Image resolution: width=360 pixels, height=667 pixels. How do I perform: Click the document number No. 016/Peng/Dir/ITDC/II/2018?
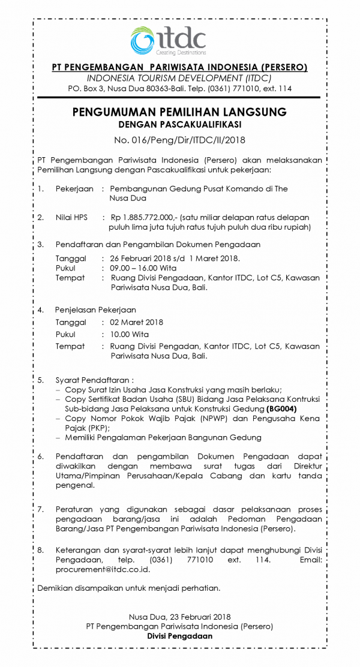pyautogui.click(x=179, y=140)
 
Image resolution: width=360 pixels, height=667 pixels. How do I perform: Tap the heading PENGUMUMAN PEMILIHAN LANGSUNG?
pyautogui.click(x=179, y=112)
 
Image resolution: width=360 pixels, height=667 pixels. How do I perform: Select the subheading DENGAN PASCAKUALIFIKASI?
pyautogui.click(x=179, y=125)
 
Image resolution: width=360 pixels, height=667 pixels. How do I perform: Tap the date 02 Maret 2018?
pyautogui.click(x=133, y=322)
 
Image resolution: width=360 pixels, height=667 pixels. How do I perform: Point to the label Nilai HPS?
pyautogui.click(x=71, y=217)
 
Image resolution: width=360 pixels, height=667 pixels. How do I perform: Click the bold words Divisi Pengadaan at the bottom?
pyautogui.click(x=179, y=636)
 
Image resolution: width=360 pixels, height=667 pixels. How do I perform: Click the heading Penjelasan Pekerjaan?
pyautogui.click(x=95, y=310)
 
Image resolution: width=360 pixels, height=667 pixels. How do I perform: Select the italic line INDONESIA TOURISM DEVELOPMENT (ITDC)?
pyautogui.click(x=179, y=78)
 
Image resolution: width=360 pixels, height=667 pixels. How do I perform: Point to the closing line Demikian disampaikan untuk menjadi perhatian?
pyautogui.click(x=128, y=588)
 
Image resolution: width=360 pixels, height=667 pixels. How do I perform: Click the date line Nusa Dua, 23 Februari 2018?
pyautogui.click(x=179, y=617)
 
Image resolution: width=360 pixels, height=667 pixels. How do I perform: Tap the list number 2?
pyautogui.click(x=40, y=217)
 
